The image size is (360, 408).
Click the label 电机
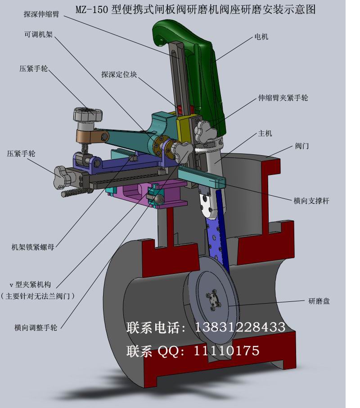[x=261, y=37]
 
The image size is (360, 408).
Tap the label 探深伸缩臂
[x=41, y=14]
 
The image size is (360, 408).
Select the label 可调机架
[x=39, y=34]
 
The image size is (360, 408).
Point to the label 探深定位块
[x=119, y=74]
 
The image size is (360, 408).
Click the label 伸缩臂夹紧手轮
[x=283, y=98]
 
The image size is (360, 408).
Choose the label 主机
[x=265, y=134]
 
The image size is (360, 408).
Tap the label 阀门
[x=302, y=146]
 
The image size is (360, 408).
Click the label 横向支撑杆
[x=311, y=201]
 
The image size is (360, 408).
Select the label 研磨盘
[x=319, y=301]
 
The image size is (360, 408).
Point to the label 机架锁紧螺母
[x=33, y=247]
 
